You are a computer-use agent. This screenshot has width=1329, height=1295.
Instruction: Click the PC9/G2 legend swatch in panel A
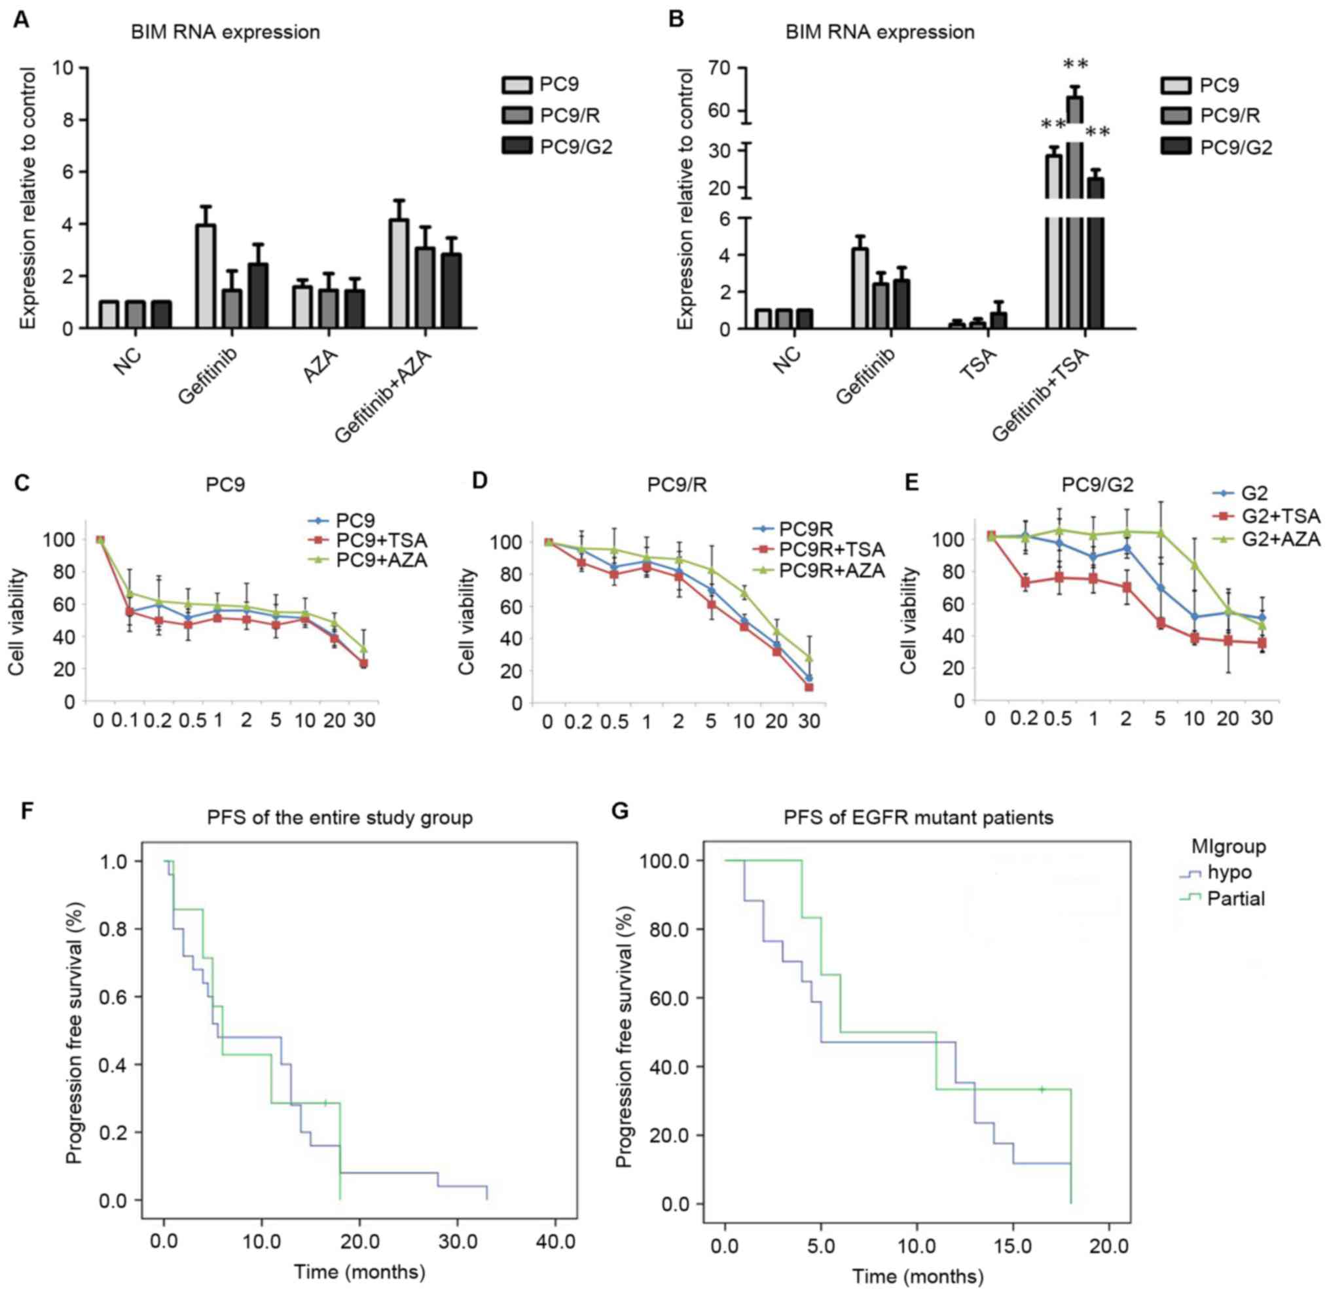(x=517, y=145)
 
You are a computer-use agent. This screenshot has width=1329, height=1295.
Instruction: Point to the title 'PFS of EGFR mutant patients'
(x=919, y=817)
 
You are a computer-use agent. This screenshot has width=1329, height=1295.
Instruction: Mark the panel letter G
(x=620, y=812)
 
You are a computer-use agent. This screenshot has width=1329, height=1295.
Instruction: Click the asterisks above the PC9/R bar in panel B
(x=1075, y=65)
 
